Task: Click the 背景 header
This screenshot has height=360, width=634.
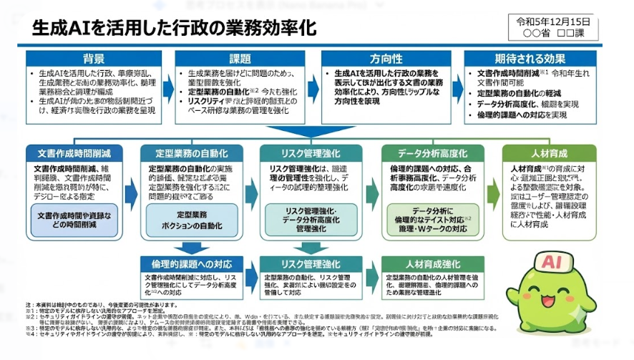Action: pyautogui.click(x=94, y=59)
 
